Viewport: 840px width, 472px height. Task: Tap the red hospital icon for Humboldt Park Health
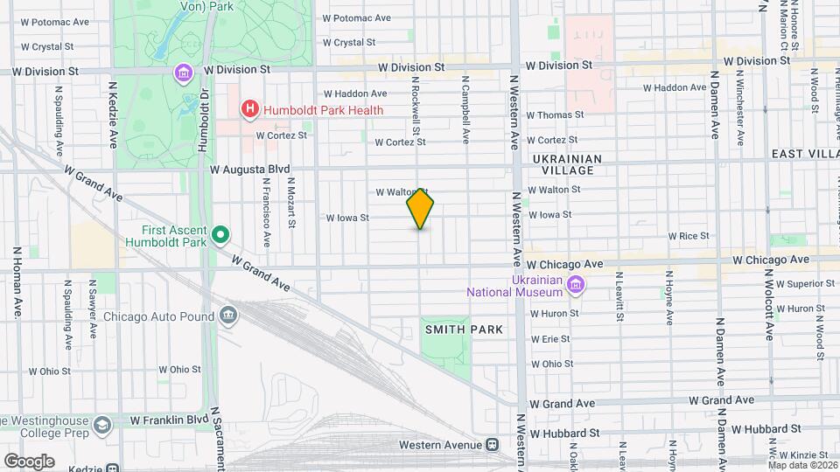tap(250, 109)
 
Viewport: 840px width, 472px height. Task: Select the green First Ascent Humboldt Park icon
tap(221, 233)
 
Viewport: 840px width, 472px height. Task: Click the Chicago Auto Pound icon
tap(228, 315)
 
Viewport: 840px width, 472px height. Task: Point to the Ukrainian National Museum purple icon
tap(575, 283)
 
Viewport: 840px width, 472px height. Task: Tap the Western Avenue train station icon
tap(493, 445)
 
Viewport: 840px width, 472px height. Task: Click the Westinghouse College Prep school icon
tap(102, 425)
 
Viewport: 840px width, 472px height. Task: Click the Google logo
tap(29, 462)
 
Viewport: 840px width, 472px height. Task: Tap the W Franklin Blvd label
tap(164, 420)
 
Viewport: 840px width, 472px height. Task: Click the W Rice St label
tap(688, 236)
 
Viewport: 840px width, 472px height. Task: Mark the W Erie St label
tap(550, 338)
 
